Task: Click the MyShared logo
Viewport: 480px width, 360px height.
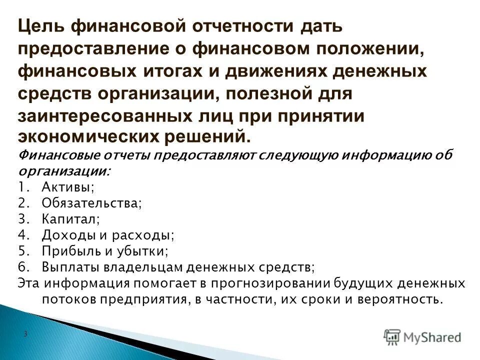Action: pyautogui.click(x=423, y=337)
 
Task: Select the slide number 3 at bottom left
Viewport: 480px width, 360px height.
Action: pyautogui.click(x=25, y=333)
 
